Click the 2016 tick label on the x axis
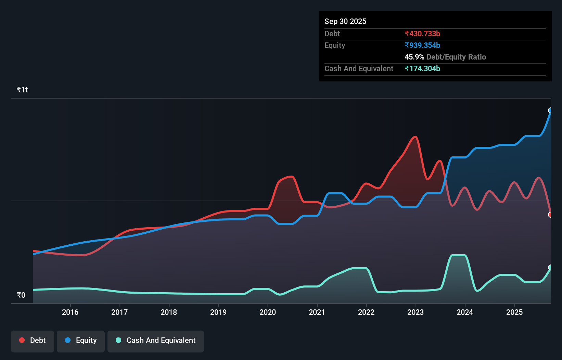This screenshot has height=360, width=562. click(x=70, y=312)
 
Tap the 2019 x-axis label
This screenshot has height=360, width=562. click(x=218, y=312)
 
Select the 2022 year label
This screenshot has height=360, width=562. click(x=366, y=312)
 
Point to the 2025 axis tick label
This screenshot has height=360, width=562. click(x=514, y=312)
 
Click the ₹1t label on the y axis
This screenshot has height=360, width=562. click(x=22, y=90)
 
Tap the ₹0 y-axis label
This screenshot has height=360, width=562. click(x=21, y=295)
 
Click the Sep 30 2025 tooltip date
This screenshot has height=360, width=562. click(x=345, y=21)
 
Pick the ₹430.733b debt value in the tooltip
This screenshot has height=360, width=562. click(x=422, y=34)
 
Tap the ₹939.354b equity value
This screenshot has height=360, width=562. click(x=422, y=45)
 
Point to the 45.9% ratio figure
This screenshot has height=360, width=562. click(x=414, y=57)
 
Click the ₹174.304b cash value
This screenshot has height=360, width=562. click(x=422, y=68)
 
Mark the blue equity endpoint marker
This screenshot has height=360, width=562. click(x=550, y=110)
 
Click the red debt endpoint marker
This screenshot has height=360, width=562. click(x=550, y=215)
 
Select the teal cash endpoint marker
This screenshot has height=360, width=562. click(x=550, y=267)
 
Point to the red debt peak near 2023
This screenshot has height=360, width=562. click(x=415, y=137)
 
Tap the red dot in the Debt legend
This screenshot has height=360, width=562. click(x=22, y=340)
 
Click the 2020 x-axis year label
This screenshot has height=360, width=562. click(x=268, y=312)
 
